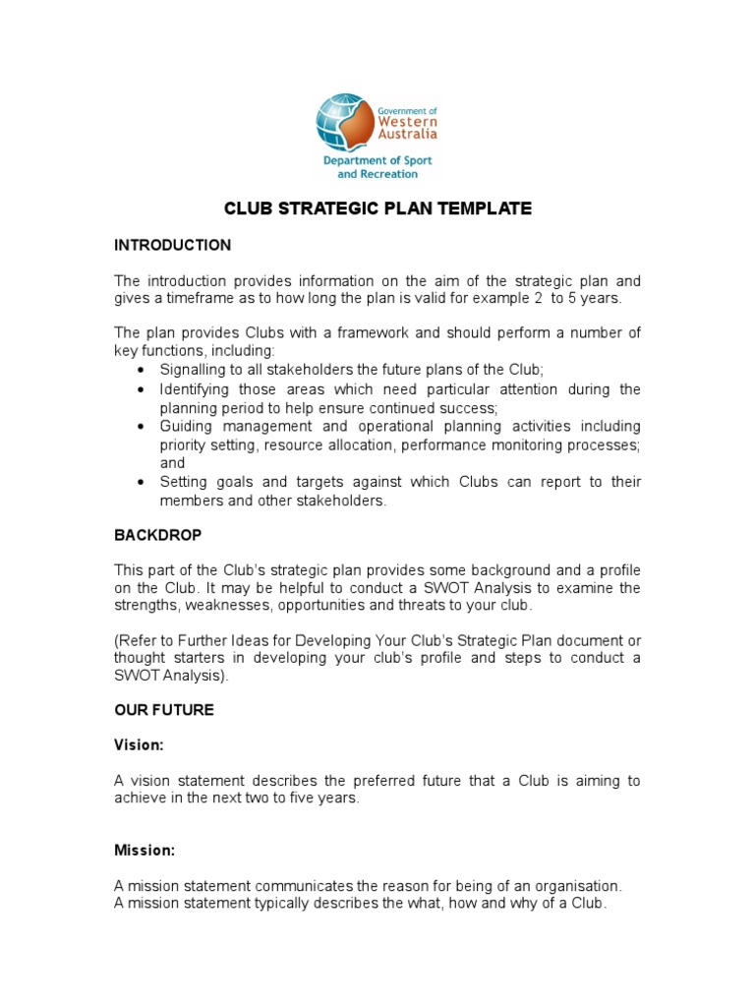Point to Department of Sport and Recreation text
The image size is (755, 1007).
pos(377,167)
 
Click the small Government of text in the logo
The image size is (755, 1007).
pos(408,112)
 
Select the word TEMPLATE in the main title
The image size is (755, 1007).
pos(483,208)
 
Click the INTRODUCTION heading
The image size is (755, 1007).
pos(173,245)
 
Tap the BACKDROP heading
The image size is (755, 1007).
pos(157,536)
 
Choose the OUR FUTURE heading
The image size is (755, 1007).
pos(164,710)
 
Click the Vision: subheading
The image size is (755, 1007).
pos(139,745)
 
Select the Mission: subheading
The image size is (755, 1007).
pos(145,850)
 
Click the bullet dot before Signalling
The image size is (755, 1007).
pos(142,371)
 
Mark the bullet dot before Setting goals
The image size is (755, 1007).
pos(142,483)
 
